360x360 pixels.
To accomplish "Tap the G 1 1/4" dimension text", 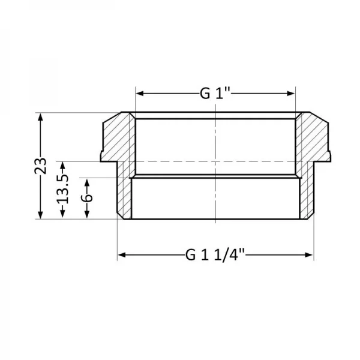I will point(215,254).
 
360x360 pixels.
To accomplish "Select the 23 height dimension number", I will point(40,166).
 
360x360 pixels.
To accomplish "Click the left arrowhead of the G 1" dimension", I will point(139,93).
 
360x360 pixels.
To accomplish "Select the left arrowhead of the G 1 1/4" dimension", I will point(121,255).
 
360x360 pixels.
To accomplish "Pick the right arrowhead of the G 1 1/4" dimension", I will point(310,255).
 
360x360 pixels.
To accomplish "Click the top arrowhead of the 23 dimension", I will point(40,116).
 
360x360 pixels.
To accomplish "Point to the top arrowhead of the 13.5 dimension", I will point(63,164).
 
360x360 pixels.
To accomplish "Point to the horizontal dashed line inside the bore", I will point(180,161).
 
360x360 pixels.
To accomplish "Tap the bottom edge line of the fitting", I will point(215,219).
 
